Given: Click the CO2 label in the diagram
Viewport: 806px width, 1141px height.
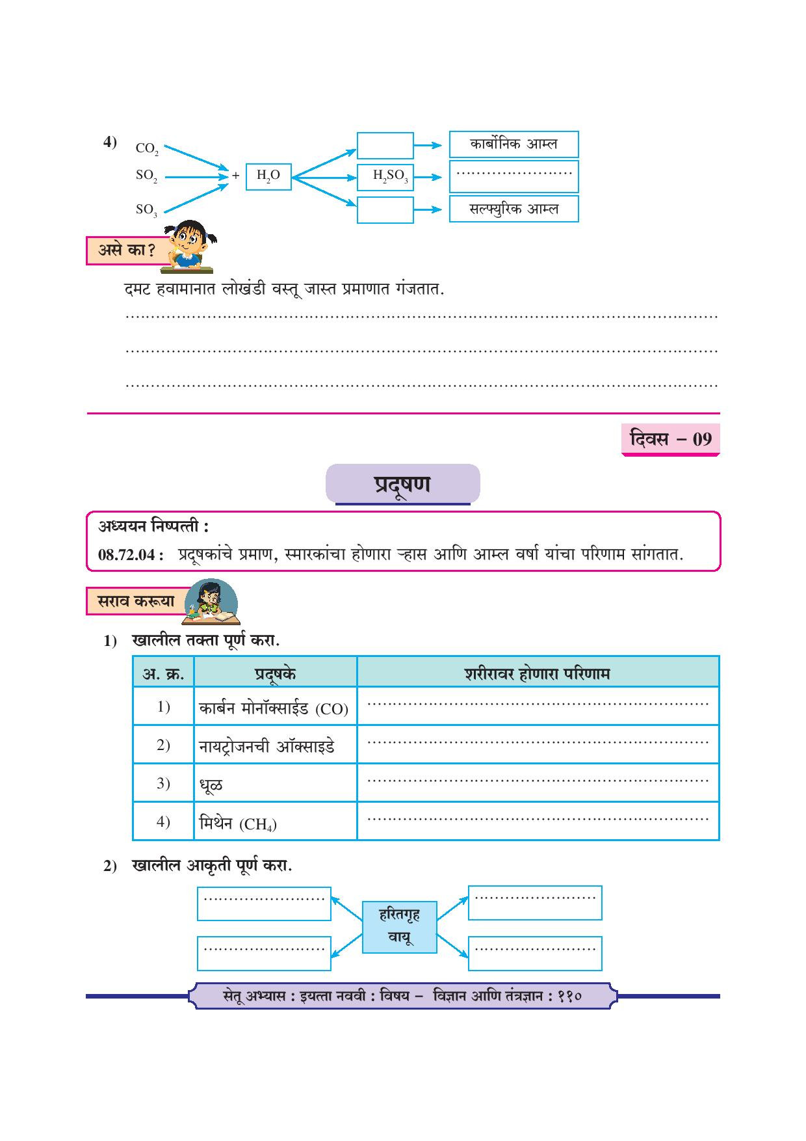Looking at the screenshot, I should click(x=147, y=149).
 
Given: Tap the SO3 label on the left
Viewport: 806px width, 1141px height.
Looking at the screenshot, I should click(x=146, y=210).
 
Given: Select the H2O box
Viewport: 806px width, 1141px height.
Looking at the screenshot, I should click(x=268, y=176).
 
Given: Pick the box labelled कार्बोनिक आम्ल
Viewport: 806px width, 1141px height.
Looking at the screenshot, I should click(x=513, y=144).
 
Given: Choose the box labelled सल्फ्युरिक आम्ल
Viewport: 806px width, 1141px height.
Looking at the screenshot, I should click(x=513, y=209).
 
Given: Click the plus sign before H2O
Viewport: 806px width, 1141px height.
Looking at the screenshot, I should click(x=236, y=176).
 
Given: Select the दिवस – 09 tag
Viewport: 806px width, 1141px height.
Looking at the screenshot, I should click(x=671, y=439).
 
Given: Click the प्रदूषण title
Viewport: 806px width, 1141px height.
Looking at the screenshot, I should click(x=402, y=485).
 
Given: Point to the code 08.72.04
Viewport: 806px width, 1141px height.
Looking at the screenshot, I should click(x=127, y=555).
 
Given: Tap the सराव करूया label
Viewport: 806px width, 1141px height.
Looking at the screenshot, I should click(x=136, y=602).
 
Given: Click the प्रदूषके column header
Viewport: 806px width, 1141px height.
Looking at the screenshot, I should click(x=276, y=673).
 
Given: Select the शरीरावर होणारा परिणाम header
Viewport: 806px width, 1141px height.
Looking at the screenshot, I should click(x=538, y=673).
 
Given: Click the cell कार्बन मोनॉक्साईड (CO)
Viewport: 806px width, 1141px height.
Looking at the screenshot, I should click(x=274, y=708).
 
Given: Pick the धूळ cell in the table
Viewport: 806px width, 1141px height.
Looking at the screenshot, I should click(x=211, y=785).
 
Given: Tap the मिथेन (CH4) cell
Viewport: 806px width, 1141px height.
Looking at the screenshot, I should click(x=238, y=824).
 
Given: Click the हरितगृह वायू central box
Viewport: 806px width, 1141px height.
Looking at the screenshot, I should click(x=399, y=926).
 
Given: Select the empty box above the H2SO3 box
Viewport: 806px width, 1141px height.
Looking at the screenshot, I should click(x=385, y=145).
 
